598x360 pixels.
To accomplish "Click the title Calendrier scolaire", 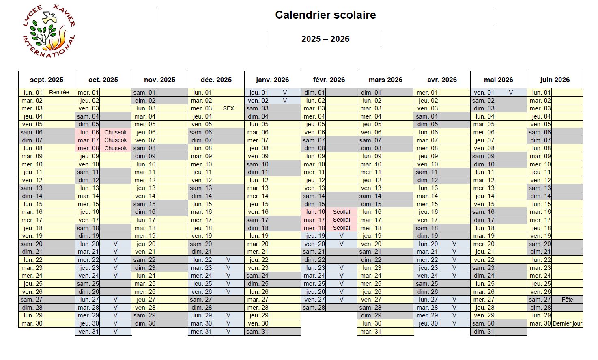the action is tap(325, 15).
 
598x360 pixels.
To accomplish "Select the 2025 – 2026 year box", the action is tap(325, 39).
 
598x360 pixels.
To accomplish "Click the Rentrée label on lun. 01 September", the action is tap(59, 92).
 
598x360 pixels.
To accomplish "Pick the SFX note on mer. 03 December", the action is tap(228, 108).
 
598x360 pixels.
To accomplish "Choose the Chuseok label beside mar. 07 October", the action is tap(115, 140).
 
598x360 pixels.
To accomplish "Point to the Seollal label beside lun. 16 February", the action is tap(341, 212).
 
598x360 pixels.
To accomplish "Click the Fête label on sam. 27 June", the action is tap(567, 300).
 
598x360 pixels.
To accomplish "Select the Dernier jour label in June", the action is tap(567, 323).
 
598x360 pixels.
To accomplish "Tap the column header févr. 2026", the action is tap(329, 80).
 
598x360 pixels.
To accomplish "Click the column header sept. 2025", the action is tap(47, 80).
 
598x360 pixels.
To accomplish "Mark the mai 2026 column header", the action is tap(499, 80).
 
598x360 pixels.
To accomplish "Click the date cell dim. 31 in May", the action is tap(483, 332).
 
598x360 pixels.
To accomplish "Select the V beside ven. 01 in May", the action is tap(511, 93).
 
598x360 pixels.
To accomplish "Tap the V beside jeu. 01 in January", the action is tap(285, 93).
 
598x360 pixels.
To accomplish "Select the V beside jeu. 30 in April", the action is tap(454, 323).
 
